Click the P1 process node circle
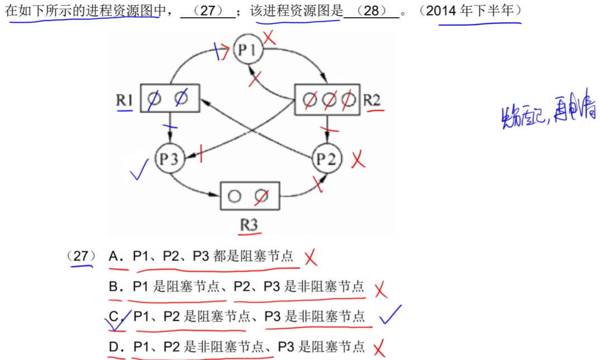(247, 50)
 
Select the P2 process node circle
(326, 159)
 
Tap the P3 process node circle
(169, 159)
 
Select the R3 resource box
(249, 196)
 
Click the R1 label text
(124, 101)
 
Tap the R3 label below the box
(249, 225)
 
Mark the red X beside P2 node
(358, 160)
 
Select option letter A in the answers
(115, 257)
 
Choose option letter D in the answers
(116, 347)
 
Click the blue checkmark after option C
(390, 316)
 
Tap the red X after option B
(381, 290)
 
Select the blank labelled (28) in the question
(372, 11)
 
